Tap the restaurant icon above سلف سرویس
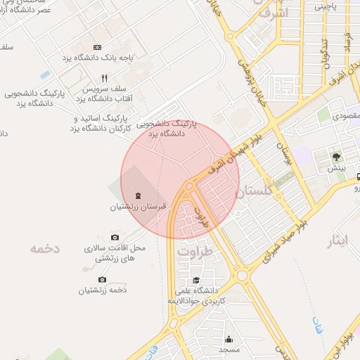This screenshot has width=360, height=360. click(104, 78)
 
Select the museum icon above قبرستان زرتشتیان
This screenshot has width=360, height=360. click(138, 195)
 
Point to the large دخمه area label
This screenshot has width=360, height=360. click(45, 248)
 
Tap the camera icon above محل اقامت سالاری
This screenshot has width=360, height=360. click(115, 238)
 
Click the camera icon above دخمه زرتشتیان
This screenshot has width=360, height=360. click(103, 279)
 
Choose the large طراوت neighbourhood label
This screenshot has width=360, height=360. click(195, 251)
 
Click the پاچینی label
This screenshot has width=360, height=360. click(326, 6)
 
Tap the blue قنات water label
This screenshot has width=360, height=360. click(316, 324)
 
